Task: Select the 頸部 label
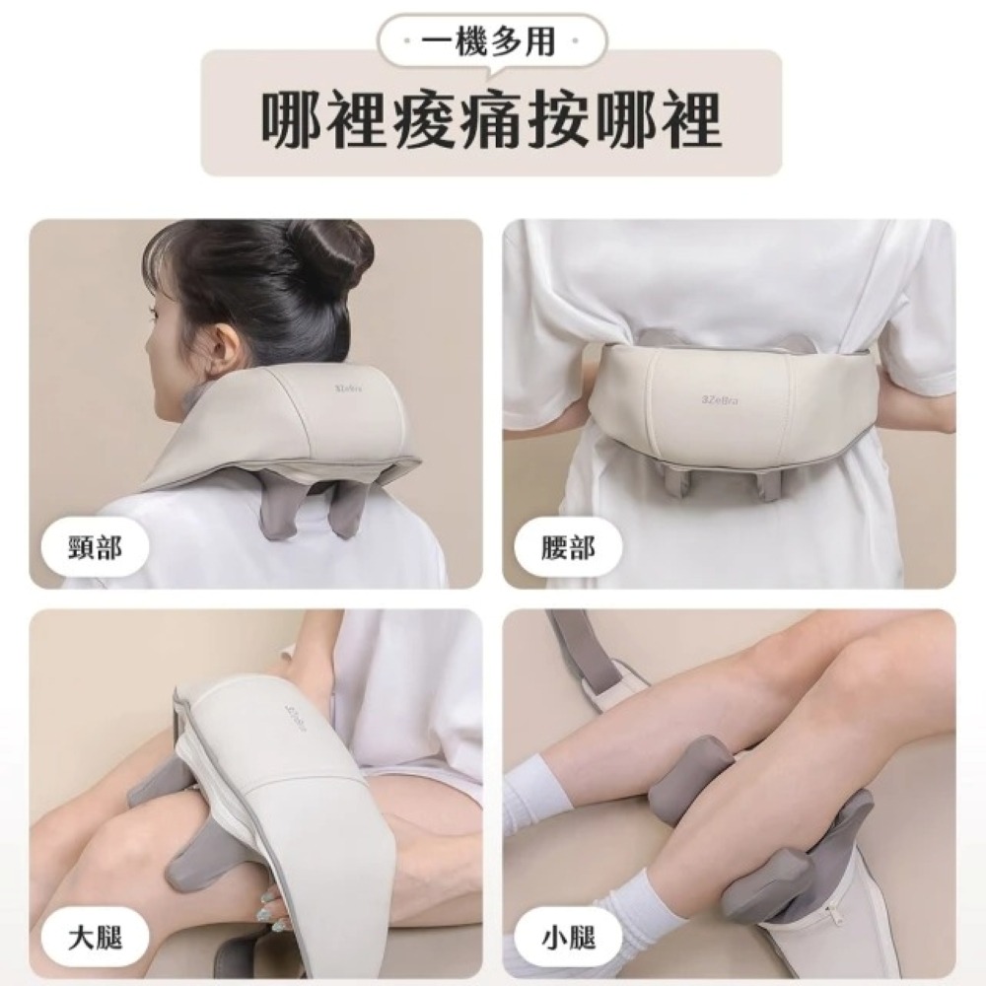(95, 548)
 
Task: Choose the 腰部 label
(567, 548)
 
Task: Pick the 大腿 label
(95, 939)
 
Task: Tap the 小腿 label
(567, 939)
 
